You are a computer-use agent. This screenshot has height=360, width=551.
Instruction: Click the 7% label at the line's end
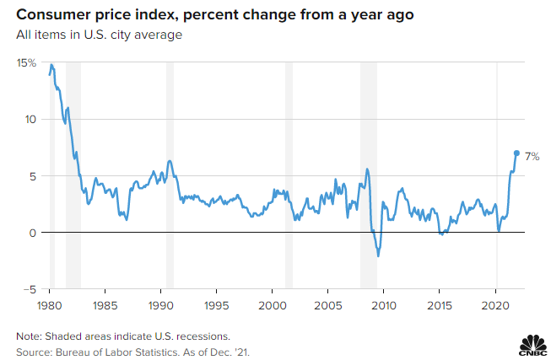click(x=532, y=157)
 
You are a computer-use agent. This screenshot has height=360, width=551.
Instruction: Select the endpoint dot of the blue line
click(x=516, y=153)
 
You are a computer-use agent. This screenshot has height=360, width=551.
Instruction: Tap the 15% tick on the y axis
click(x=26, y=62)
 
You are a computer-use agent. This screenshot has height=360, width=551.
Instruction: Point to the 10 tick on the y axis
click(x=30, y=119)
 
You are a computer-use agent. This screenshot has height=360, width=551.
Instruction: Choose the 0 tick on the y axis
click(x=33, y=233)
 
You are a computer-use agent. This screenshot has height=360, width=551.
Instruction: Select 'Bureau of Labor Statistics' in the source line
click(x=121, y=349)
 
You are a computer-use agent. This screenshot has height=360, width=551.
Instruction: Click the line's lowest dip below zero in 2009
click(x=378, y=255)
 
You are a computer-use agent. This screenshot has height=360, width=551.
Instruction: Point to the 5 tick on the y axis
click(x=33, y=176)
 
